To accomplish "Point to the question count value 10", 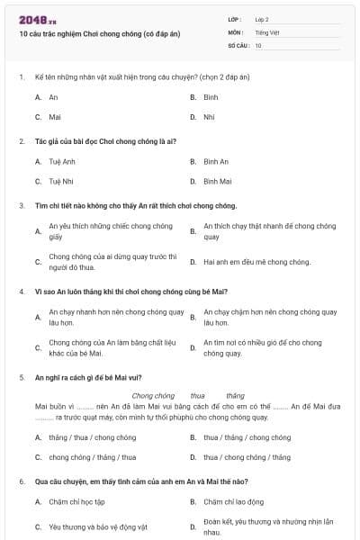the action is [x=258, y=45].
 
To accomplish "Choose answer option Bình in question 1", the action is [x=211, y=96].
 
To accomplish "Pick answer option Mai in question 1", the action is [x=55, y=117].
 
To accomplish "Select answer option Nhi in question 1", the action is [x=209, y=117].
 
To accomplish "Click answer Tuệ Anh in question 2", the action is [x=62, y=161].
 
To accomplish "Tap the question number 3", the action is [x=21, y=205].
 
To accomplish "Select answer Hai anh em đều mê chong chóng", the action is [x=256, y=262].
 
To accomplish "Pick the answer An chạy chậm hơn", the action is [x=270, y=317].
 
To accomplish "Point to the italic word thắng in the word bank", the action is [x=235, y=396].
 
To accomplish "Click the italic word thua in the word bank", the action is [x=198, y=396].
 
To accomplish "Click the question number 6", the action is [x=21, y=481].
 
